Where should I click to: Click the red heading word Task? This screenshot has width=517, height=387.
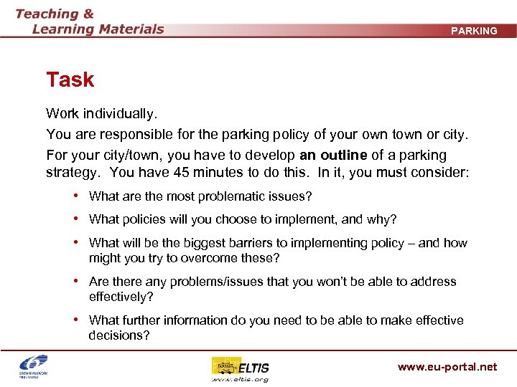click(70, 80)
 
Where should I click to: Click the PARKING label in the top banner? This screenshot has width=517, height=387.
click(474, 31)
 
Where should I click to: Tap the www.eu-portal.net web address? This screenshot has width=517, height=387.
click(447, 367)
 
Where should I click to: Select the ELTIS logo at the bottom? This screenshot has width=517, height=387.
click(241, 369)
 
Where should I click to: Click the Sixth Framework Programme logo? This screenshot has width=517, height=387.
click(34, 367)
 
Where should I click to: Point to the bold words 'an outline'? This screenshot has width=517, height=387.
click(333, 155)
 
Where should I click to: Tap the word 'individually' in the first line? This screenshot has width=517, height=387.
click(120, 114)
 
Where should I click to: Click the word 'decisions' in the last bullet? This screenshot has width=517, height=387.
click(119, 335)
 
